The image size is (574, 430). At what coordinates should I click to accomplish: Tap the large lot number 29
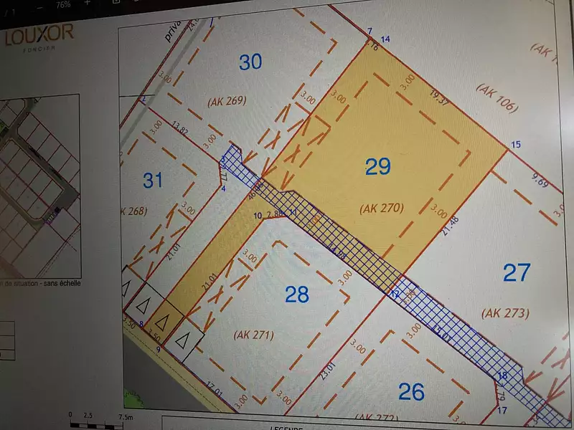[x=378, y=167]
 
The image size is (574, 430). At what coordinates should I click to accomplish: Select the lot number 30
[x=250, y=62]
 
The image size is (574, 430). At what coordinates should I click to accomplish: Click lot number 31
[x=153, y=180]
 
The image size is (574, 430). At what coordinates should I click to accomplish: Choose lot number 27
[x=517, y=272]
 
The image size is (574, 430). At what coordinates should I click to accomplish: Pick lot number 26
[x=411, y=391]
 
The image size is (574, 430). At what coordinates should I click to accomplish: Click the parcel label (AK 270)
[x=382, y=209]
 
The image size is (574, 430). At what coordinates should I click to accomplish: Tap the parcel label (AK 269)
[x=227, y=101]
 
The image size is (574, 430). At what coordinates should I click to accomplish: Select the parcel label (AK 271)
[x=254, y=334]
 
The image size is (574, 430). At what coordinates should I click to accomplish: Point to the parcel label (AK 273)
[x=505, y=312]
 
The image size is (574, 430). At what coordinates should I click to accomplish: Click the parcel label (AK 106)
[x=496, y=97]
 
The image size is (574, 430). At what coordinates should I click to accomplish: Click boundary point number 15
[x=515, y=145]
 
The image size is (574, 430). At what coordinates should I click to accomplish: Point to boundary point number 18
[x=502, y=376]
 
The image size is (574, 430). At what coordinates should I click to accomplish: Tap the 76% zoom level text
[x=63, y=4]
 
